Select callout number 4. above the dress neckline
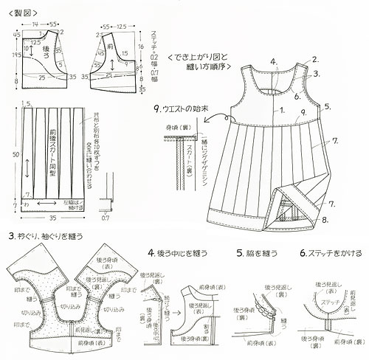[x=274, y=61]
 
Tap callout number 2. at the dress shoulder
[x=315, y=59]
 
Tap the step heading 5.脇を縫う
[x=255, y=253]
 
